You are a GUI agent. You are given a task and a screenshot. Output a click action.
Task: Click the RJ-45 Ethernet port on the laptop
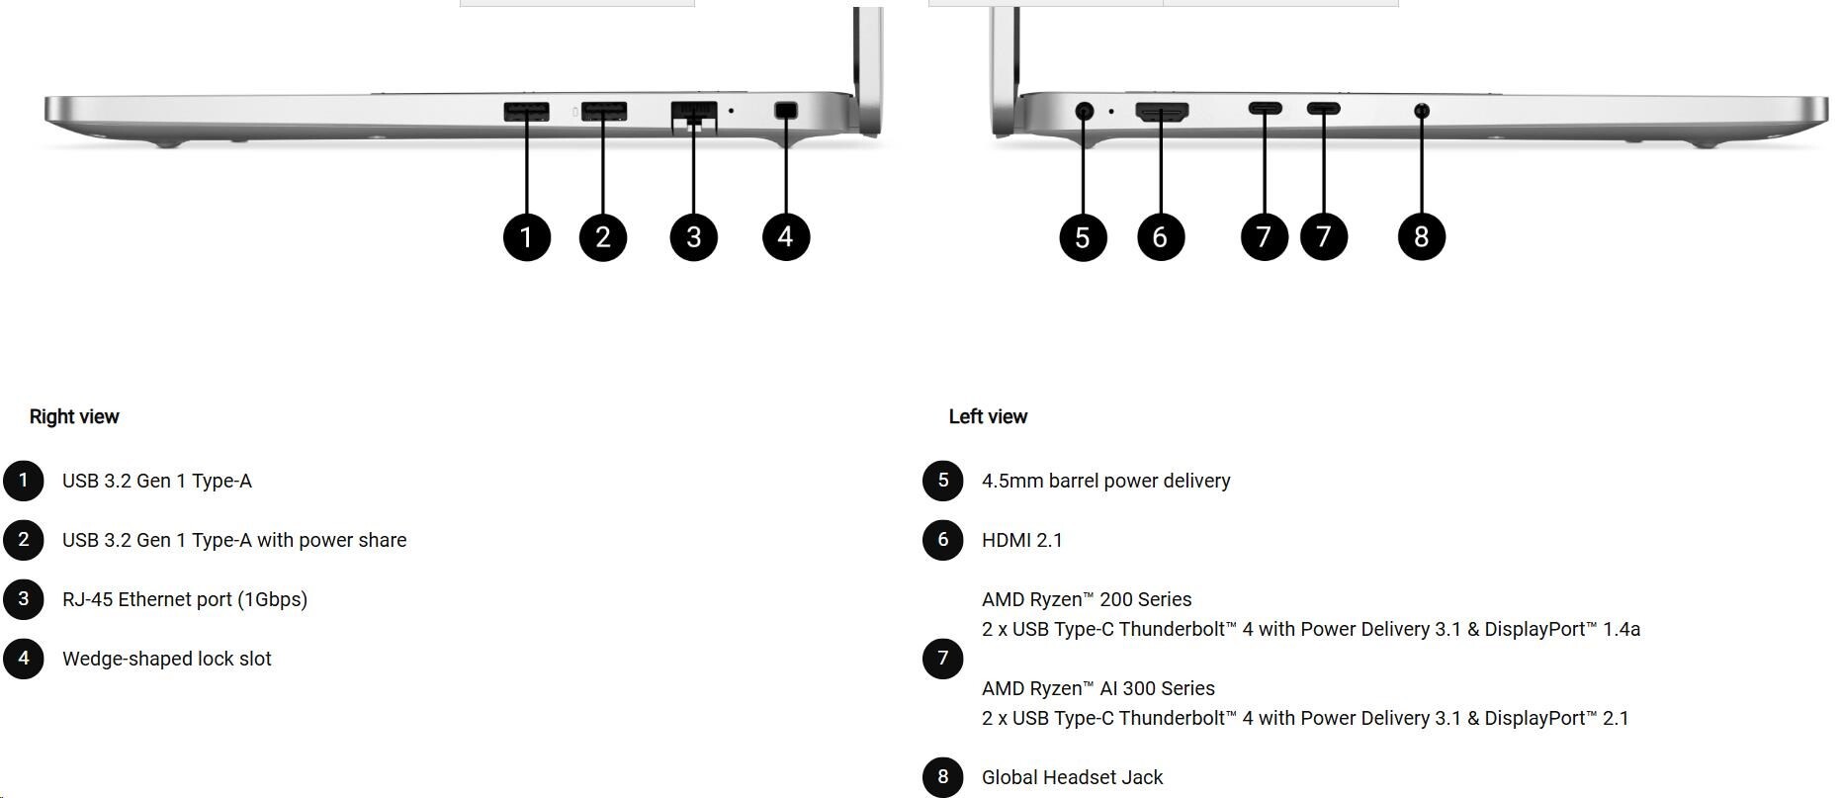(x=693, y=112)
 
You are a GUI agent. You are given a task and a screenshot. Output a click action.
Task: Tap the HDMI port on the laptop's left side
(x=1162, y=112)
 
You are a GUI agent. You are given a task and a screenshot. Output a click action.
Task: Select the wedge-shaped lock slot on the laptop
(x=786, y=111)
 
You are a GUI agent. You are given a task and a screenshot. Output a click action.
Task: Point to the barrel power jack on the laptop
(x=1085, y=111)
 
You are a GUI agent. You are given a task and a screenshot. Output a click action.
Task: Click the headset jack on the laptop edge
(x=1422, y=111)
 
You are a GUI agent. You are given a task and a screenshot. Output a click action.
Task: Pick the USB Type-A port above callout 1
(x=526, y=111)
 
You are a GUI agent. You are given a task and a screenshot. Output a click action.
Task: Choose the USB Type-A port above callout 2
(x=603, y=111)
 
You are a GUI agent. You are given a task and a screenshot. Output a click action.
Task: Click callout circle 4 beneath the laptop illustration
(x=786, y=237)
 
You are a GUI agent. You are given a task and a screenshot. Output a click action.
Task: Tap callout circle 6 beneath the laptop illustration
(x=1161, y=237)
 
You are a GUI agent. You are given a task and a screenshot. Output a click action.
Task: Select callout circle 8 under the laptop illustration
(x=1422, y=237)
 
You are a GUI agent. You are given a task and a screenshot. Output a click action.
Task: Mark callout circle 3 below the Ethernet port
(x=694, y=237)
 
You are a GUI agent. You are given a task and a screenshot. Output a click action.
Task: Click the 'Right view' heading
(x=74, y=416)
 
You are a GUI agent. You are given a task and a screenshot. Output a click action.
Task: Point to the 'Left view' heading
(x=988, y=416)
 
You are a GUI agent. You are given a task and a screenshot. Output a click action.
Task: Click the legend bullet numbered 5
(x=943, y=481)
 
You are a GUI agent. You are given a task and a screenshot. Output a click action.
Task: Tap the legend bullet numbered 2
(x=24, y=540)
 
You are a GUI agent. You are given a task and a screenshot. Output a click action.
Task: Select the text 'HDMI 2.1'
(x=1022, y=540)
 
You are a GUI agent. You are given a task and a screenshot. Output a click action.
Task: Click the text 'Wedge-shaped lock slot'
(x=167, y=659)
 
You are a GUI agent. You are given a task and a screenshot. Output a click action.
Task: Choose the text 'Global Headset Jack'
(x=1073, y=777)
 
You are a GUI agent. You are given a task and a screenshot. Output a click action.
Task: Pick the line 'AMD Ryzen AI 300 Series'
(x=1098, y=688)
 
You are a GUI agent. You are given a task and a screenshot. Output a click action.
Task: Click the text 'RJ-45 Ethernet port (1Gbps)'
(x=185, y=599)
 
